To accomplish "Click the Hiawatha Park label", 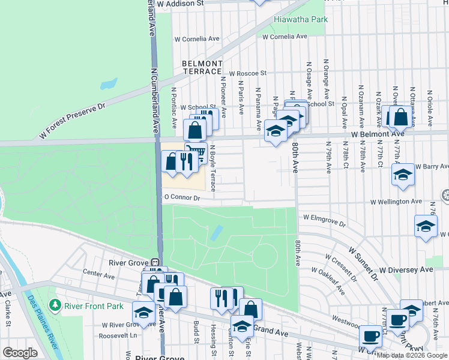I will click(301, 19).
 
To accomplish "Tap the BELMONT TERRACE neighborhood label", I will click(203, 67).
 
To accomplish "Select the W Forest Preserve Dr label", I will click(72, 121).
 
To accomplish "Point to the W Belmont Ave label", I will click(379, 135).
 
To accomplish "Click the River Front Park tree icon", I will click(55, 306).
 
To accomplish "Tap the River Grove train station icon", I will click(155, 262).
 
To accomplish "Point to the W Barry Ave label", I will click(432, 167).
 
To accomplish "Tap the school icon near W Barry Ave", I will click(403, 174).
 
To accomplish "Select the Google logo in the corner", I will click(20, 352).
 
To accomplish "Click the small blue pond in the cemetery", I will click(217, 232).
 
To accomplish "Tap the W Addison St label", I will click(179, 3).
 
